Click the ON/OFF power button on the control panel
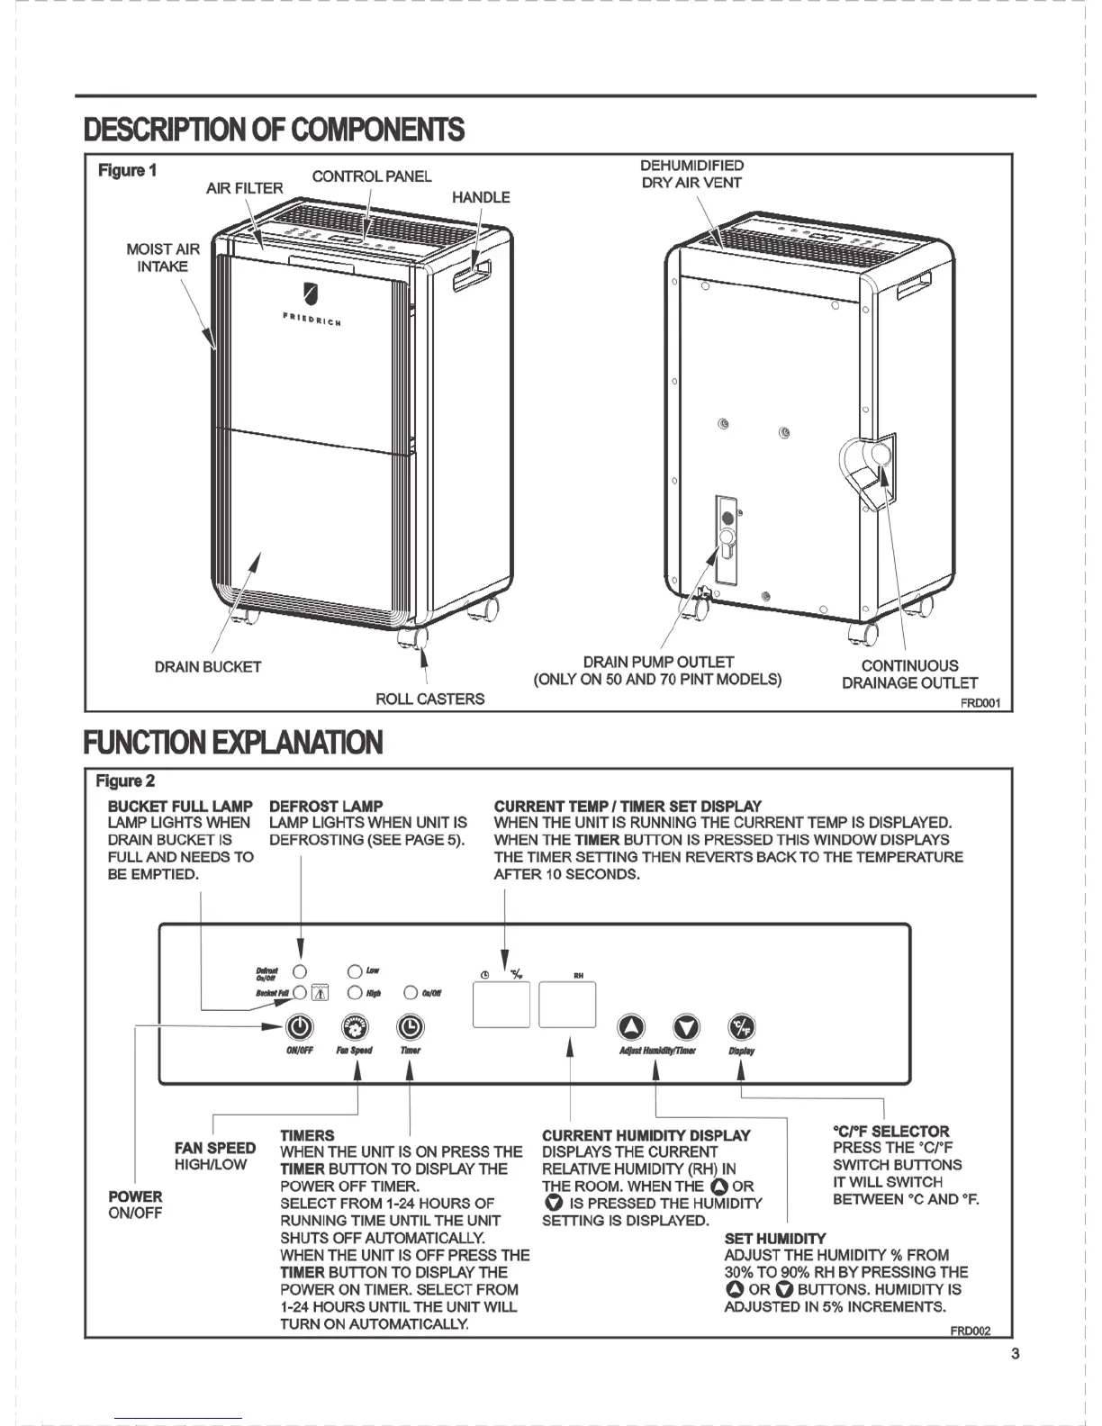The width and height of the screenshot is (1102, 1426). tap(299, 1026)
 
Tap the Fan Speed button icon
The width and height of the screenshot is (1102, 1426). tap(355, 1026)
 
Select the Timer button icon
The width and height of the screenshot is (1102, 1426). tap(410, 1026)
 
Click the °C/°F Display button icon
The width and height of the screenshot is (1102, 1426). tap(742, 1026)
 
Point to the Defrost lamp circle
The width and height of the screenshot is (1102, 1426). tap(301, 971)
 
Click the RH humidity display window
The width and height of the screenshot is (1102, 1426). tap(567, 1005)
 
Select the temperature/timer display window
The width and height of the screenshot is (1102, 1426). tap(501, 1005)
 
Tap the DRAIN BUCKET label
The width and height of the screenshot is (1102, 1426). tap(208, 667)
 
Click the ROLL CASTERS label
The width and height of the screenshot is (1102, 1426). tap(429, 699)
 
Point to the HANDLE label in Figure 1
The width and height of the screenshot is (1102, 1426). tap(481, 197)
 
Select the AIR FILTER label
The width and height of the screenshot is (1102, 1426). tap(245, 188)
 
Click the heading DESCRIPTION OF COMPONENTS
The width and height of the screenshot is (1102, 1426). tap(274, 130)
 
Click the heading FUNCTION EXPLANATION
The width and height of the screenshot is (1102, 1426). tap(233, 743)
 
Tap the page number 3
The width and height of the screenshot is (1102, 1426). tap(1016, 1354)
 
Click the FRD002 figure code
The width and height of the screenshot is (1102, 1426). tap(970, 1331)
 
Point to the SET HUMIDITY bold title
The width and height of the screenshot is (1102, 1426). tap(774, 1238)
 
